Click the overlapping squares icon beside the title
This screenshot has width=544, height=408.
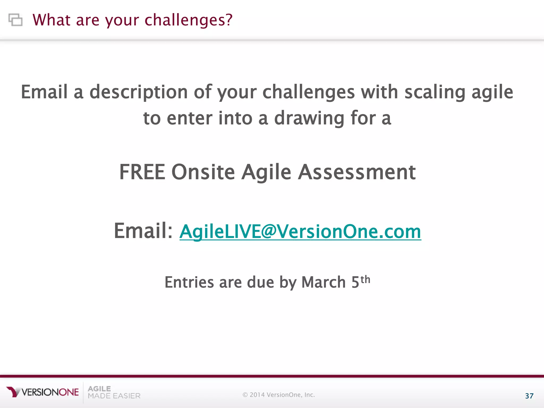[x=15, y=20]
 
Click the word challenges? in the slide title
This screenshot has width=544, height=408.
[x=189, y=20]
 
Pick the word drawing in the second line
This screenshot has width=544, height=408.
[x=309, y=118]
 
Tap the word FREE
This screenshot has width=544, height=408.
[x=142, y=172]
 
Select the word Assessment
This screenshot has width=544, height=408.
[x=357, y=172]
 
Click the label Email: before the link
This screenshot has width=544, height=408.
[x=143, y=231]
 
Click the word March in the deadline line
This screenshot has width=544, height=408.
[x=324, y=282]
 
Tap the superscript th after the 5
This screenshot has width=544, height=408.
[x=365, y=279]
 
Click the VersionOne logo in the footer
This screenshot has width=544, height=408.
[x=42, y=392]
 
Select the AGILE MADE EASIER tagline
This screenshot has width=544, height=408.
[x=114, y=392]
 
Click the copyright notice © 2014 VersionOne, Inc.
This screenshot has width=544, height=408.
[x=279, y=395]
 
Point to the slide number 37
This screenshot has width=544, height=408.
[x=529, y=396]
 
